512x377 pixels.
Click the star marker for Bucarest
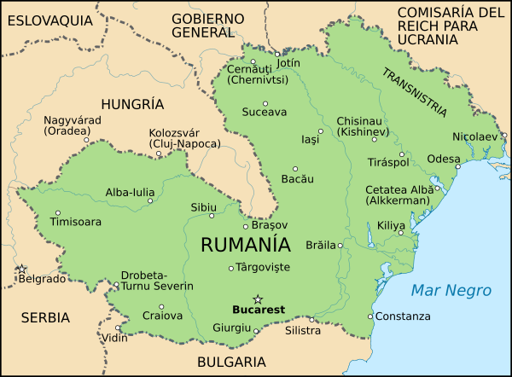[258, 298]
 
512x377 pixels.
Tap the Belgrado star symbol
[22, 269]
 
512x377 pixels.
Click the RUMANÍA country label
[245, 245]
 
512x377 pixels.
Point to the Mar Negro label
[451, 291]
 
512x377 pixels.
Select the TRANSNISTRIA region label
[414, 91]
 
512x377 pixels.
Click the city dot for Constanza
[369, 316]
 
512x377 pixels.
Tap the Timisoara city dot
[57, 213]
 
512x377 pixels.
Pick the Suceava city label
[265, 113]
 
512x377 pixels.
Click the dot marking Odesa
[462, 159]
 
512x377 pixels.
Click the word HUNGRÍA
[131, 104]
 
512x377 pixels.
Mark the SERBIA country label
[45, 317]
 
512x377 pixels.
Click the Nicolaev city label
[474, 136]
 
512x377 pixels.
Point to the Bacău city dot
[295, 169]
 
